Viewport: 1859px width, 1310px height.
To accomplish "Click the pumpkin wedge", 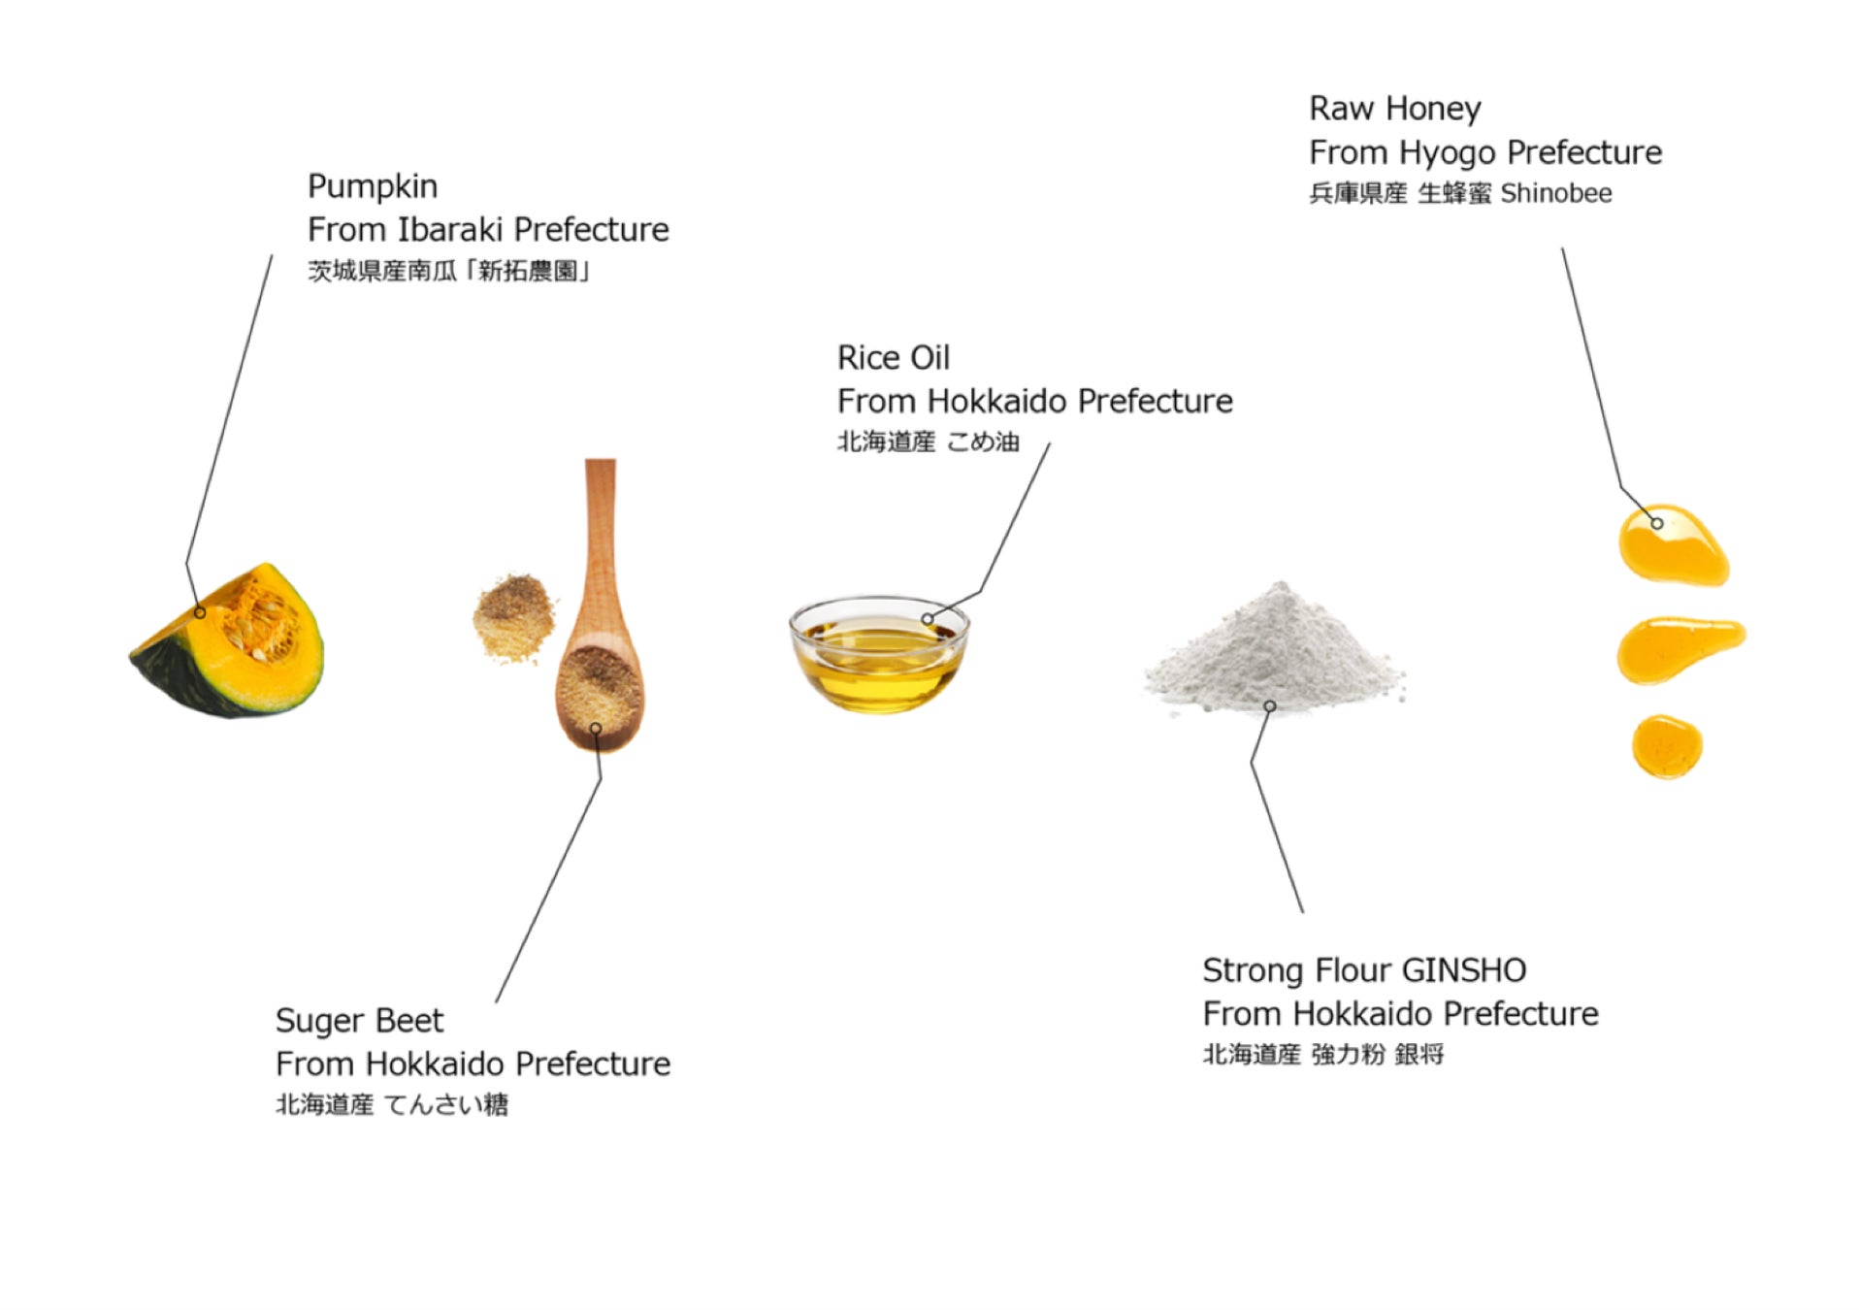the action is pyautogui.click(x=227, y=642).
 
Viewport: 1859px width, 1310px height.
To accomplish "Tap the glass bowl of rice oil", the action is pyautogui.click(x=879, y=654).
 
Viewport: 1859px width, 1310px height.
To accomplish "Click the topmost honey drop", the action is pyautogui.click(x=1673, y=544).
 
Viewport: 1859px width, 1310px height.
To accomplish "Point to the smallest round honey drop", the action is pyautogui.click(x=1666, y=746).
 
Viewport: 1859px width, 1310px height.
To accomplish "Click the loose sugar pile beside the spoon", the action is pyautogui.click(x=514, y=617).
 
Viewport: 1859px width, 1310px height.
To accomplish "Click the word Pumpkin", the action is pyautogui.click(x=373, y=186).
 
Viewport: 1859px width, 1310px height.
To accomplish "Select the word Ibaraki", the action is pyautogui.click(x=449, y=229).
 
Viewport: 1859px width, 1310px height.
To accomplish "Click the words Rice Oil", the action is pyautogui.click(x=894, y=357).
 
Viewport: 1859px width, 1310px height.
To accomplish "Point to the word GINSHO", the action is pyautogui.click(x=1464, y=969).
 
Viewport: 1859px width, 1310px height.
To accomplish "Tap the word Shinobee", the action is pyautogui.click(x=1556, y=193).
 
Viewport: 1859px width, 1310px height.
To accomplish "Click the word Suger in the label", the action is pyautogui.click(x=319, y=1021).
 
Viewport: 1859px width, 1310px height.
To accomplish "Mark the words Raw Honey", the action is pyautogui.click(x=1395, y=109).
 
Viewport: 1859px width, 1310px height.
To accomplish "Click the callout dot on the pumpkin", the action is pyautogui.click(x=200, y=612).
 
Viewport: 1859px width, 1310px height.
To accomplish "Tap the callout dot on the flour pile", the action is pyautogui.click(x=1269, y=706).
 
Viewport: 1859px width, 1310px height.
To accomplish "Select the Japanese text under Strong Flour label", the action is pyautogui.click(x=1323, y=1054).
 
